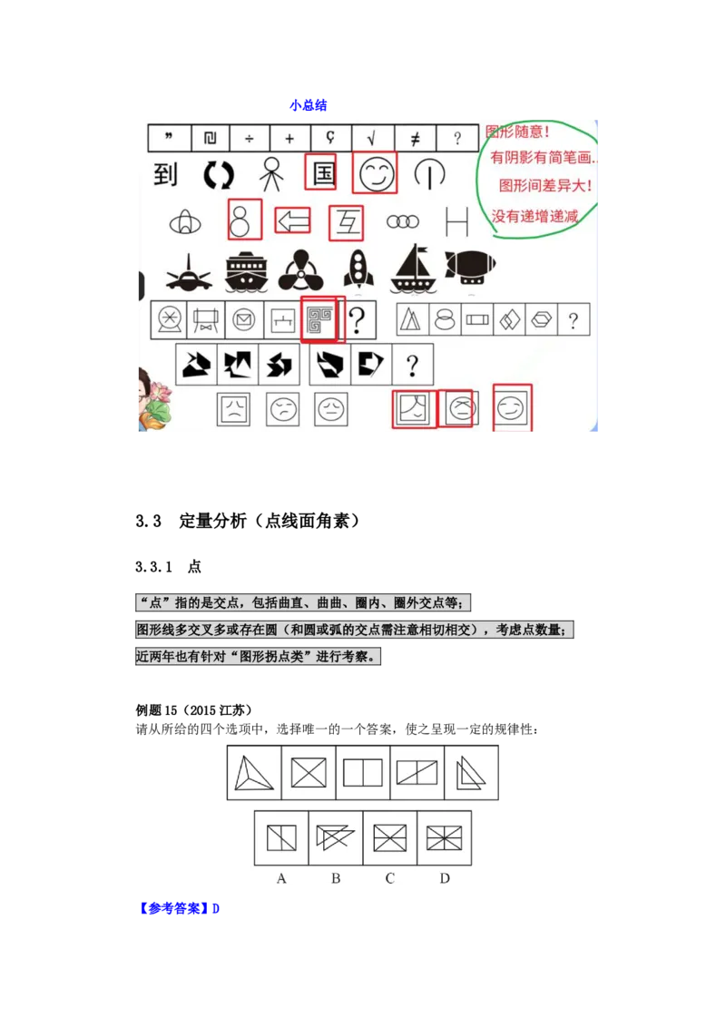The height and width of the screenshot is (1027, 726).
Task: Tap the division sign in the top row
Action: tap(248, 138)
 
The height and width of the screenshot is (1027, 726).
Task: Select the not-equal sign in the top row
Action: tap(415, 138)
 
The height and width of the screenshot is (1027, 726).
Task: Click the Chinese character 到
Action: tap(165, 173)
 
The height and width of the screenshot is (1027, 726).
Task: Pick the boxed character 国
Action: tap(324, 172)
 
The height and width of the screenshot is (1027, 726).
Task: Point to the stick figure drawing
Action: tap(270, 173)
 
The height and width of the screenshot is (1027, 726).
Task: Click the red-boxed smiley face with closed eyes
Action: tap(375, 172)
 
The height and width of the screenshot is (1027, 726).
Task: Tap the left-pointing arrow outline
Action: tap(292, 220)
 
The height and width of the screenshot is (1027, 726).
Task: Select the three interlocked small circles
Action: tap(402, 221)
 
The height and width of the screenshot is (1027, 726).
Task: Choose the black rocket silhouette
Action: tap(358, 269)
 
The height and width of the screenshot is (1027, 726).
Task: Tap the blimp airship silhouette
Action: tap(470, 267)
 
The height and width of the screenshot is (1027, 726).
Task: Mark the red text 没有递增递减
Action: tap(535, 217)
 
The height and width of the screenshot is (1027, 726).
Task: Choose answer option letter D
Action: tap(445, 878)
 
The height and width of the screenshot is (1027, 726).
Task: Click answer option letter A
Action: tap(281, 878)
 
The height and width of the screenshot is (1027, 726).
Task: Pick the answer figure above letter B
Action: tap(335, 837)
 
